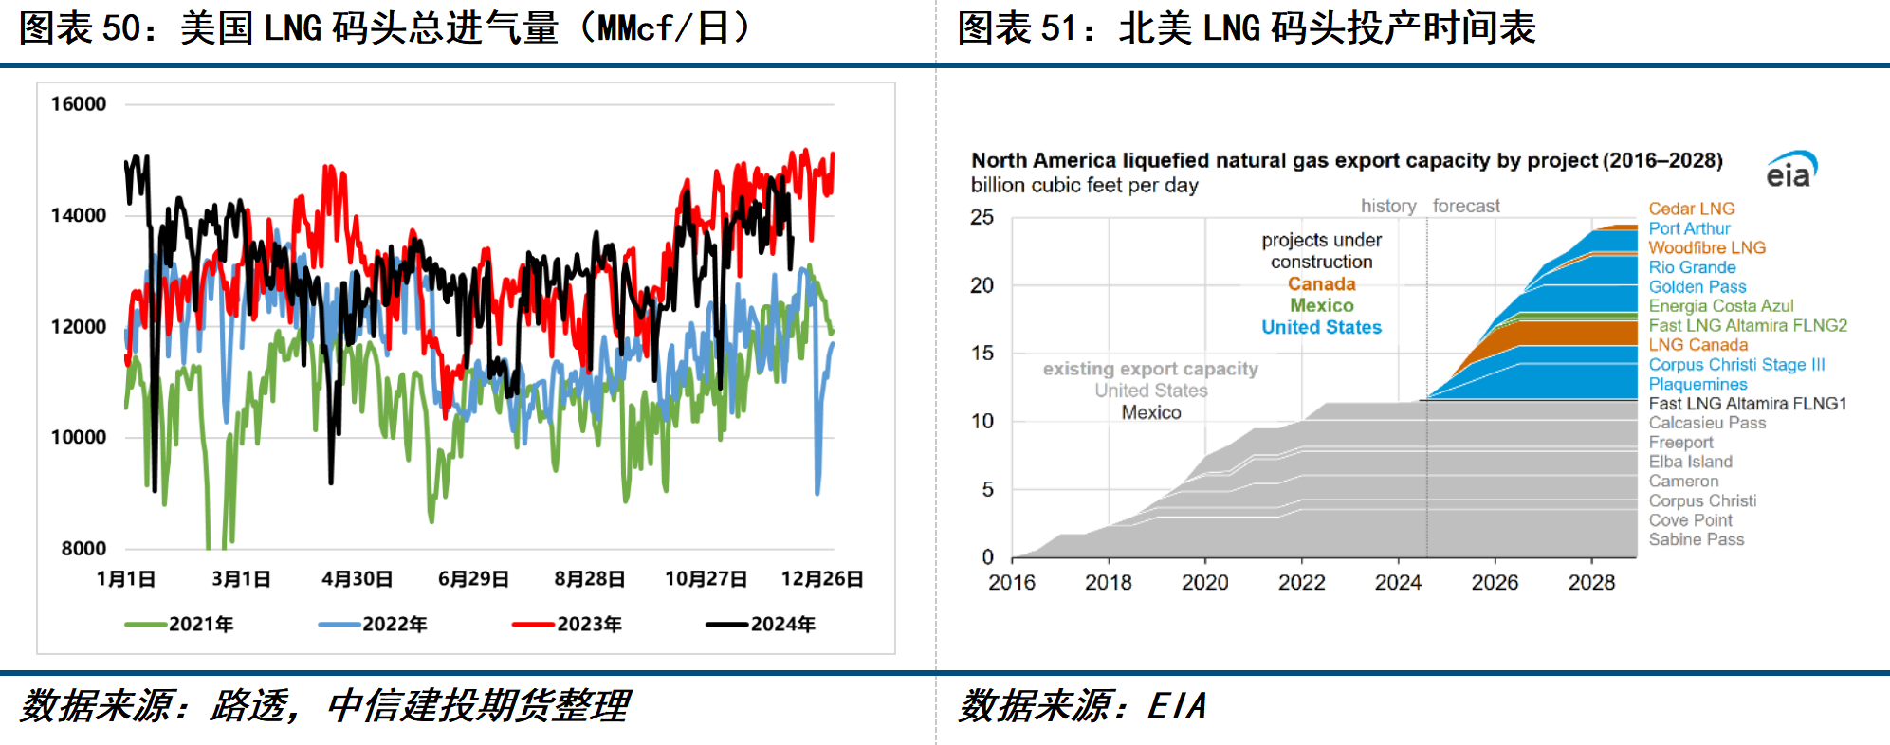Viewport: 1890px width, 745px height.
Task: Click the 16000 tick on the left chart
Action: click(x=78, y=104)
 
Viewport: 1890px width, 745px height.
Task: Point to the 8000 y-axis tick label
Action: click(x=83, y=549)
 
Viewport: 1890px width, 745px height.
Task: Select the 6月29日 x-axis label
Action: click(x=473, y=579)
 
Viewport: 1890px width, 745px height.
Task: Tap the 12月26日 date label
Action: click(x=821, y=579)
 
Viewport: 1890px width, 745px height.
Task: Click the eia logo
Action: click(x=1790, y=171)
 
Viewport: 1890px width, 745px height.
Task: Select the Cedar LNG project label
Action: click(x=1691, y=209)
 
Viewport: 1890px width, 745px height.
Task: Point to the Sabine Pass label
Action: click(x=1696, y=539)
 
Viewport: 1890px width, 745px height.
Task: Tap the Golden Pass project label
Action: click(x=1697, y=286)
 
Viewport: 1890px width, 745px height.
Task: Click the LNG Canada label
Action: click(x=1697, y=345)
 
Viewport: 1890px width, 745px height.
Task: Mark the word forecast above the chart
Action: click(x=1466, y=206)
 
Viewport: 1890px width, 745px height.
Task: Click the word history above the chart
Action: click(x=1388, y=206)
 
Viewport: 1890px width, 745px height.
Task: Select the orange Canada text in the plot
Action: click(x=1321, y=283)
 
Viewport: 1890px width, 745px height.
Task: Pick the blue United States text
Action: click(x=1321, y=327)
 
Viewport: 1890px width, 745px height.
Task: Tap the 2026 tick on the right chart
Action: click(x=1495, y=583)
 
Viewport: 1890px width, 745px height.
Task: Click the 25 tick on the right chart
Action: click(x=982, y=217)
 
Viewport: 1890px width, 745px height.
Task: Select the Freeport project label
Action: click(x=1680, y=442)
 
